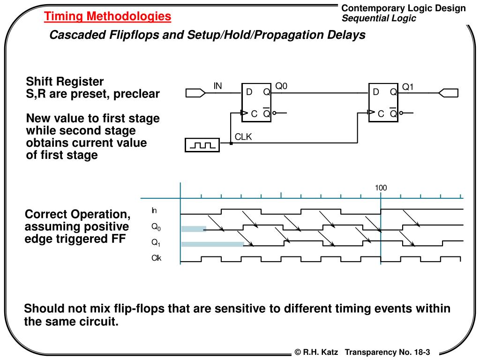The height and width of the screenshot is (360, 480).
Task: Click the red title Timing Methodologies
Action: tap(108, 17)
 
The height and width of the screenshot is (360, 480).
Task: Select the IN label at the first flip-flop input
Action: tap(218, 86)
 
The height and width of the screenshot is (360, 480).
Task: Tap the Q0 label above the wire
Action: tap(281, 86)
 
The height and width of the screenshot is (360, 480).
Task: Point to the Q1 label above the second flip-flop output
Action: tap(408, 87)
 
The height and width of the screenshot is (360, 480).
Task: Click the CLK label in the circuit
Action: tap(243, 137)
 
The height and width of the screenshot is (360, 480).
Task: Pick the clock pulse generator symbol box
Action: tap(202, 145)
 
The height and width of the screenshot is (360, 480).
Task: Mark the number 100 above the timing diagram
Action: tap(381, 188)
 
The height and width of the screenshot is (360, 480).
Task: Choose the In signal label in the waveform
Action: tap(154, 210)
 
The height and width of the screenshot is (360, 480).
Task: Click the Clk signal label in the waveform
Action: tap(156, 258)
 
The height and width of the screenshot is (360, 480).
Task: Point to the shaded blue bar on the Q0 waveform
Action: tap(194, 229)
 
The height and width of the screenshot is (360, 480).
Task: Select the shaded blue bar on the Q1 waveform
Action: tap(212, 244)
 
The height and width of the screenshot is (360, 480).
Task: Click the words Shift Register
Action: tap(65, 81)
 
